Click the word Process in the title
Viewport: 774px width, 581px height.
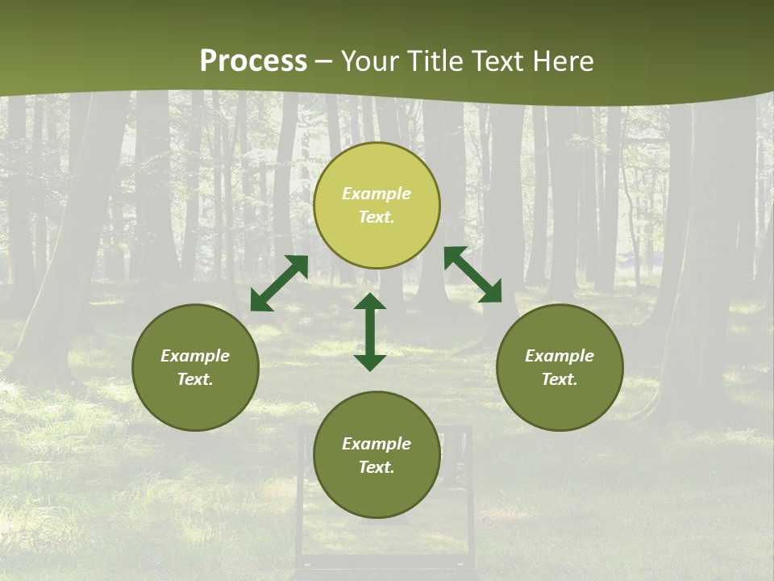click(253, 61)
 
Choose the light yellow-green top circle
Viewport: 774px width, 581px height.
click(377, 205)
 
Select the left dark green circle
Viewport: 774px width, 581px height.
click(195, 367)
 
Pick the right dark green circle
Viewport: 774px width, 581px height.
click(560, 367)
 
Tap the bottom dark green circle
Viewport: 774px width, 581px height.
click(377, 455)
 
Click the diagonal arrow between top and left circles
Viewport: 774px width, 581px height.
click(279, 283)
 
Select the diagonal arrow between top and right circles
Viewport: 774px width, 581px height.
click(472, 274)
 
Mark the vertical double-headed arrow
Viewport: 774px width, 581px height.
click(370, 332)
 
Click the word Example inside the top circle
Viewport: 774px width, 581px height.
click(377, 194)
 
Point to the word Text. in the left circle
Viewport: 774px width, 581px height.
click(195, 379)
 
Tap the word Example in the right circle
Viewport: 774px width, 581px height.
click(560, 356)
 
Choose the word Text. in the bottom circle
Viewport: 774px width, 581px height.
click(377, 467)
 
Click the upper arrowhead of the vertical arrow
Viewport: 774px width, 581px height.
click(370, 302)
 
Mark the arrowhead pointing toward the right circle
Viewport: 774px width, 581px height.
click(491, 293)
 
